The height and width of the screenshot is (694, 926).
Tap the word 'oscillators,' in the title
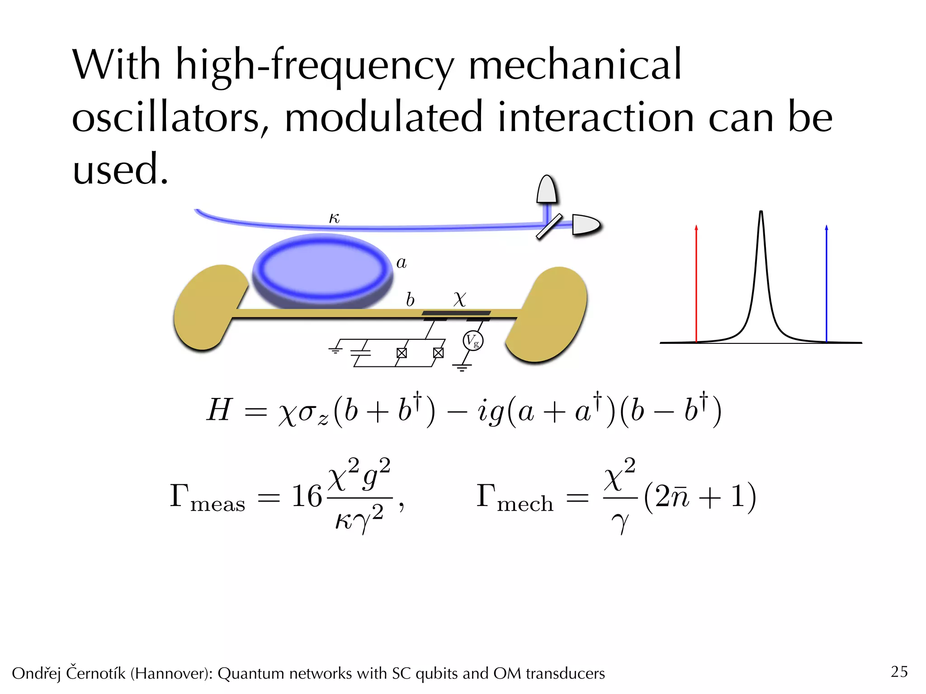[x=170, y=117]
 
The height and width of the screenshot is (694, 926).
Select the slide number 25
[x=899, y=671]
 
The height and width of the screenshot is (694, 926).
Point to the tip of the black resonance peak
[x=761, y=212]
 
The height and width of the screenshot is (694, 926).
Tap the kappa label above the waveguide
[x=334, y=219]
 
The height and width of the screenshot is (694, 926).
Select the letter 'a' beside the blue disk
[x=401, y=263]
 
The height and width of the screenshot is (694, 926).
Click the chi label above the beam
[x=459, y=299]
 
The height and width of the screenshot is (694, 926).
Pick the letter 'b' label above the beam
[x=410, y=300]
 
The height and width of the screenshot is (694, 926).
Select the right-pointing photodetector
[x=585, y=225]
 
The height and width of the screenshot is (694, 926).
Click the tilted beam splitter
[x=549, y=226]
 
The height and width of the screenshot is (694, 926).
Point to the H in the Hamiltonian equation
[x=219, y=410]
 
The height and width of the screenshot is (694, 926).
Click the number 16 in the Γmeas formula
[x=306, y=496]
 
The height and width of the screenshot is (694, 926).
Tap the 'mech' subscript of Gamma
[x=525, y=504]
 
